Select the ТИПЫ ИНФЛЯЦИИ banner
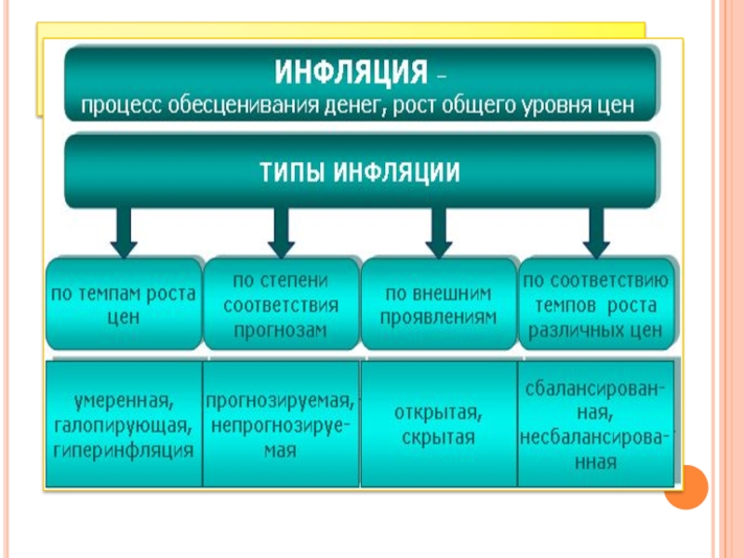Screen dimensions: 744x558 click(x=359, y=172)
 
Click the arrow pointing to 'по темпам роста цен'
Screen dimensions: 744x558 click(x=124, y=232)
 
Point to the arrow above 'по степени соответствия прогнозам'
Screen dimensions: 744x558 click(x=280, y=232)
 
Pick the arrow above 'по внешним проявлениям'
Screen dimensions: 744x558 click(x=436, y=232)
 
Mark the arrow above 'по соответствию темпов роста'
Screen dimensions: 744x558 click(x=592, y=232)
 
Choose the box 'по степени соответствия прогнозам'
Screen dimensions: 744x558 click(x=280, y=303)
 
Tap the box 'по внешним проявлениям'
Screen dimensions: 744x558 click(x=436, y=303)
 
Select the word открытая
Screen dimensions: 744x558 click(x=435, y=413)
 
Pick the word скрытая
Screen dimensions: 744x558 click(x=435, y=437)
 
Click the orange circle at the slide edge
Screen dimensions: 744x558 click(x=686, y=486)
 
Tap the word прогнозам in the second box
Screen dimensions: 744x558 click(x=280, y=330)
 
